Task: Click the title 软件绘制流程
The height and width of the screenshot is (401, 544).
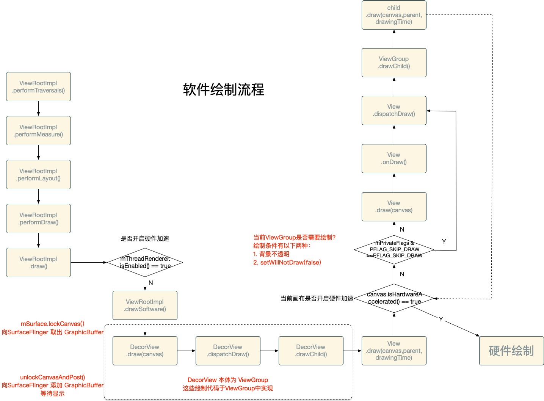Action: [223, 90]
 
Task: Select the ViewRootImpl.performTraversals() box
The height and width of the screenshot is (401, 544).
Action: [38, 87]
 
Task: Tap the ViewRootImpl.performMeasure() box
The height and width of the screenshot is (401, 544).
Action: [38, 131]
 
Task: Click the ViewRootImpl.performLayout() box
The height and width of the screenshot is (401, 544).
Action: [38, 175]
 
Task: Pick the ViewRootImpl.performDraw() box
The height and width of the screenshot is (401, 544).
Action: [38, 219]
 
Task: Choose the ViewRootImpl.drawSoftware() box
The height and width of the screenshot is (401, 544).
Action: [145, 305]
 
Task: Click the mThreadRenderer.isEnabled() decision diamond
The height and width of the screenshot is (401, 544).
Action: [145, 262]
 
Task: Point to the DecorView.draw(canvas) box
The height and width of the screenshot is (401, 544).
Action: [145, 351]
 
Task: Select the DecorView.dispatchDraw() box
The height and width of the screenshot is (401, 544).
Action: [228, 351]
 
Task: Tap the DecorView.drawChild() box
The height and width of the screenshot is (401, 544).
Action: [311, 351]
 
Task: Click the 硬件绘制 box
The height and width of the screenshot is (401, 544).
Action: [511, 351]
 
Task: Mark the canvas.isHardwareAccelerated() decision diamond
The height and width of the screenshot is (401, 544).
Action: [394, 298]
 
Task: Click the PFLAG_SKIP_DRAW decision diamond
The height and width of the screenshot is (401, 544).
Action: [394, 249]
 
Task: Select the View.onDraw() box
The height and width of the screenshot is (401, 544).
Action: [394, 159]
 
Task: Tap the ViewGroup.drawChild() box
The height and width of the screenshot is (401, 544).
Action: [394, 63]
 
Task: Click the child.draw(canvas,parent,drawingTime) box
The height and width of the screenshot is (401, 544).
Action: [394, 15]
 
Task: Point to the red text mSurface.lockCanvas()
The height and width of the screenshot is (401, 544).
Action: [52, 324]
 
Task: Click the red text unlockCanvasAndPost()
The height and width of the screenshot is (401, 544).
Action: [52, 377]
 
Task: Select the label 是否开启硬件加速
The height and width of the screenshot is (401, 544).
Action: [145, 238]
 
